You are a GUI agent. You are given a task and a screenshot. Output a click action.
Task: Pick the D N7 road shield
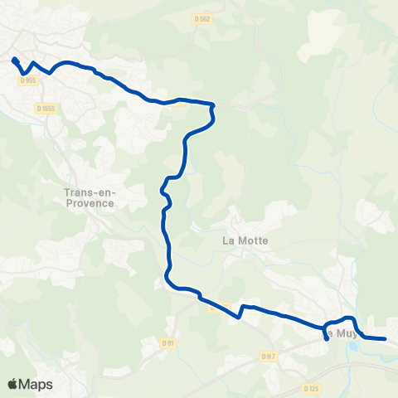pyautogui.click(x=268, y=356)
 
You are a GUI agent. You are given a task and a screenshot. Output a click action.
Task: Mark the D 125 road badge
pyautogui.click(x=311, y=388)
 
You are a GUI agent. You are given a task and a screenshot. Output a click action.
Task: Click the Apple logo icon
pyautogui.click(x=12, y=384)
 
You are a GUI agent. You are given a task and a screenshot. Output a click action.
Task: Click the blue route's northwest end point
pyautogui.click(x=14, y=59)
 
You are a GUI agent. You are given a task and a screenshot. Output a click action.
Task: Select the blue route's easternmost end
pyautogui.click(x=385, y=338)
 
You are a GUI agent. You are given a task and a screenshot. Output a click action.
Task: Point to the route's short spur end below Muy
pyautogui.click(x=327, y=338)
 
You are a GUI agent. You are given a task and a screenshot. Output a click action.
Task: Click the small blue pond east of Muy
pyautogui.click(x=356, y=348)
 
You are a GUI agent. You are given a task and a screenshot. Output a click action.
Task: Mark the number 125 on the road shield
pyautogui.click(x=313, y=388)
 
